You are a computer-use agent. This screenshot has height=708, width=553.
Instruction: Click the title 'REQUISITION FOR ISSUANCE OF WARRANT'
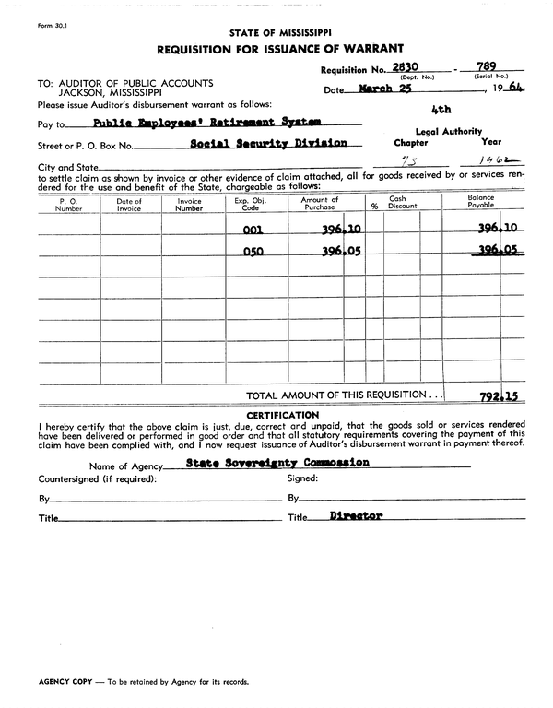coord(279,48)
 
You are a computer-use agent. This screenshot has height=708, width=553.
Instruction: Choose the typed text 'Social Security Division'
coord(269,143)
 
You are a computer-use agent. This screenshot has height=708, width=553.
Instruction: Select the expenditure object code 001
coord(253,231)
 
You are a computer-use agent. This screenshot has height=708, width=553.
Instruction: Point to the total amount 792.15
coord(499,396)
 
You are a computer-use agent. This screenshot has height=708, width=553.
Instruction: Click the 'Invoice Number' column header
coord(189,205)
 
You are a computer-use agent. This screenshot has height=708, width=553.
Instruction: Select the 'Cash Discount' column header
coord(398,203)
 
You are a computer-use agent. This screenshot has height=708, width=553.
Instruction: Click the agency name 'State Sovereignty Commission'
coord(277,463)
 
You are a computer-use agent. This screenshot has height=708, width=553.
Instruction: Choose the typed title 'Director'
coord(355,516)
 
